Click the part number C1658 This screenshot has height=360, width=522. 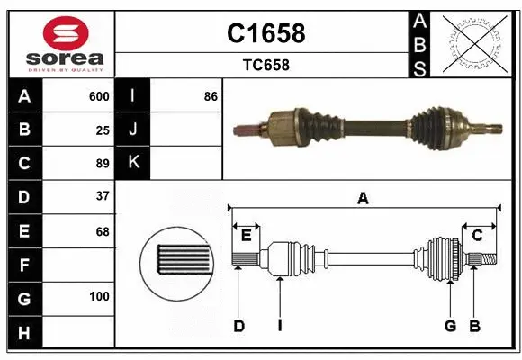click(265, 33)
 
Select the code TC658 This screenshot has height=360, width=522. click(265, 65)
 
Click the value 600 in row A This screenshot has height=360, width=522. click(99, 96)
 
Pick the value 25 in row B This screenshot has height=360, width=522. click(102, 130)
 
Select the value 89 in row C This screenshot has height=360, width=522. click(102, 163)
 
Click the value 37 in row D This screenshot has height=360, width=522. click(102, 196)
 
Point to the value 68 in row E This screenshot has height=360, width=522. click(102, 230)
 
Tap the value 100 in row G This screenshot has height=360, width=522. click(99, 296)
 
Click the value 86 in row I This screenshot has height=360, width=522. click(211, 96)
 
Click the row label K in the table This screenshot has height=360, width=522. click(133, 163)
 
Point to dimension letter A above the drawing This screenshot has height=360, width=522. click(363, 199)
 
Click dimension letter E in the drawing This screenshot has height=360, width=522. click(246, 235)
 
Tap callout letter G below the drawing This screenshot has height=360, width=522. click(450, 326)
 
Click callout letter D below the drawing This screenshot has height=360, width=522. click(238, 326)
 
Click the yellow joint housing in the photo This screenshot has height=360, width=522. click(282, 125)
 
